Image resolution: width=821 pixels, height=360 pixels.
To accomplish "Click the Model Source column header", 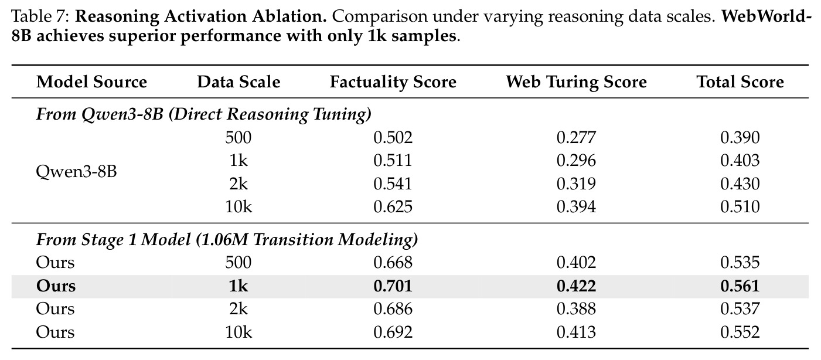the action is [91, 81].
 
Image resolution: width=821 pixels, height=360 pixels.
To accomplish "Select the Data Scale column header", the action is [239, 81].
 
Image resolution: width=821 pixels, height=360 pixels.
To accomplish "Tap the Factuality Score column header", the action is [393, 82].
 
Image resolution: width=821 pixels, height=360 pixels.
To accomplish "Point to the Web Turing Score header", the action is [576, 82].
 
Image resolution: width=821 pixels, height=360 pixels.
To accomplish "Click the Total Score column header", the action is [740, 81].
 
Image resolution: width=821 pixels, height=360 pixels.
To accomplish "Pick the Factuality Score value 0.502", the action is [393, 137].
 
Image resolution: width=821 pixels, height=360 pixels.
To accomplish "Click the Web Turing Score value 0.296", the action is [576, 161].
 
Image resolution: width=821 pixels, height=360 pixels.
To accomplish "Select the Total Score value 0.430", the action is [740, 184].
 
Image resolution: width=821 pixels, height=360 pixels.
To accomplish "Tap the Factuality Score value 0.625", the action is [393, 207].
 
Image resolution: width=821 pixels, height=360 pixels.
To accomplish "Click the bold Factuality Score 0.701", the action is [393, 286].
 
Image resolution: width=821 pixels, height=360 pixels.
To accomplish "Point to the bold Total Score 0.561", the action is [740, 286].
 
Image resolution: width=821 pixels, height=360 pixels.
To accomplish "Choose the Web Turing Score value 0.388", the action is [576, 308].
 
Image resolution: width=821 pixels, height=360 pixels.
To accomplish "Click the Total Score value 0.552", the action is [740, 332].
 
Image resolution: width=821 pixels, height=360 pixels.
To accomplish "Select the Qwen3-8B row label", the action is [76, 172].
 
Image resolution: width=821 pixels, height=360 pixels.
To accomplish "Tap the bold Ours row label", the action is [56, 286].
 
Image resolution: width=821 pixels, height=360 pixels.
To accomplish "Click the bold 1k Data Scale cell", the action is [239, 286].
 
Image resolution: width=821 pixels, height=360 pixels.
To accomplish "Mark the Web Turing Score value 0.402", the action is [576, 263].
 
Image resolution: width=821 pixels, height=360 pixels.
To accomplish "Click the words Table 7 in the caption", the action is [40, 16].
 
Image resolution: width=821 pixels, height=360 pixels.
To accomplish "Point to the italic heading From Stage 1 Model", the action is [113, 240].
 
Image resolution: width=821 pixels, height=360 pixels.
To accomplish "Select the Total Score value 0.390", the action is [740, 137].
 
